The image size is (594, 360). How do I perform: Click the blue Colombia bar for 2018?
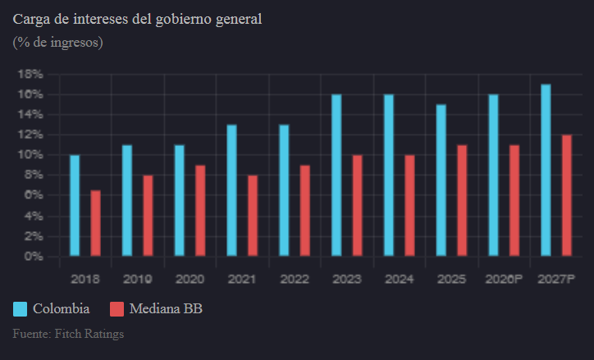75,205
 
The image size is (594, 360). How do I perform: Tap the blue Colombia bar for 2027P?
546,170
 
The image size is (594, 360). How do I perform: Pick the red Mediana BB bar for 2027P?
567,195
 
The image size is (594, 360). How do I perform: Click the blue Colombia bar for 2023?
336,175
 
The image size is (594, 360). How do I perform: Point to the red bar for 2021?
253,215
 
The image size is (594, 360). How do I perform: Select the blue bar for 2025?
441,180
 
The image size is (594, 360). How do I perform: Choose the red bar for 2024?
409,205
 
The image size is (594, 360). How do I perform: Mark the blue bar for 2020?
180,200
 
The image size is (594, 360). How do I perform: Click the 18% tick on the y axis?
30,74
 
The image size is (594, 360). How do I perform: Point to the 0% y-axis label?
34,256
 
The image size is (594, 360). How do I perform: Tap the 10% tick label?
30,154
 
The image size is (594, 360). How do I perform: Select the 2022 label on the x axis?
295,279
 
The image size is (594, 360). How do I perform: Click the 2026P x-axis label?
505,279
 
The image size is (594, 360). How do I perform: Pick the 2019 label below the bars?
138,279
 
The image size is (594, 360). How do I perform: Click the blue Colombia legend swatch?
21,309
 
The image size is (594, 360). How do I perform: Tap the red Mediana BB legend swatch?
117,309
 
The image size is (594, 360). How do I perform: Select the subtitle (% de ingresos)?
57,42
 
